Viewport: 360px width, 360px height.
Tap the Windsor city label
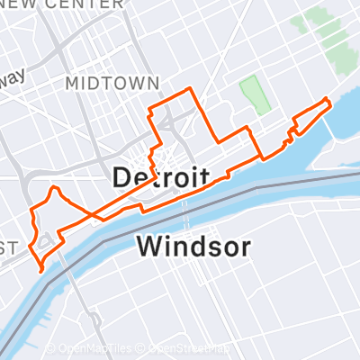pos(193,246)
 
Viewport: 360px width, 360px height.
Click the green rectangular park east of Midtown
pos(256,95)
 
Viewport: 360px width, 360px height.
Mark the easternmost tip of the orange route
pos(328,100)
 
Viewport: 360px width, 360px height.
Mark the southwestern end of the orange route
pos(41,268)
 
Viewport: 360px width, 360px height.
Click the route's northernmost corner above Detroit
pos(188,88)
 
